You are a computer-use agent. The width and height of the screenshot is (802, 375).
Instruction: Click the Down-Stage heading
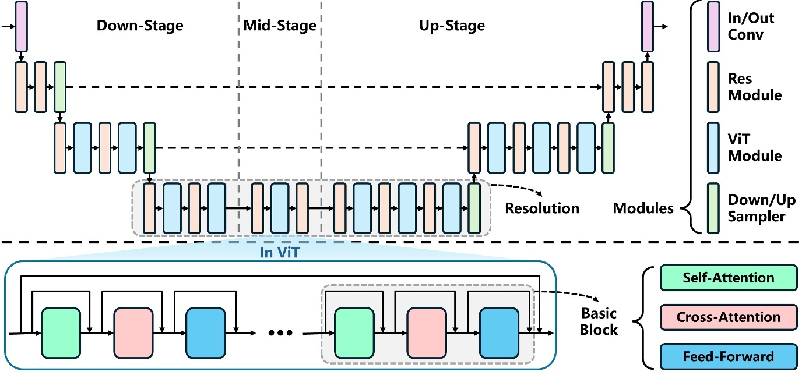pyautogui.click(x=140, y=26)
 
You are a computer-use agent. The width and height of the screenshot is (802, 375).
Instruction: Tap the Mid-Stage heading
pyautogui.click(x=280, y=26)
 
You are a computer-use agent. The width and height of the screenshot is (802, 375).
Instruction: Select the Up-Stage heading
pyautogui.click(x=452, y=26)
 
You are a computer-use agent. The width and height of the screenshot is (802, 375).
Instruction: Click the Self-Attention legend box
pyautogui.click(x=728, y=278)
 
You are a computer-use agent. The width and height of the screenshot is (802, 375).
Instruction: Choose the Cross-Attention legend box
pyautogui.click(x=728, y=317)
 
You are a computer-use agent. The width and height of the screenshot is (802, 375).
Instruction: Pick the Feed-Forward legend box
pyautogui.click(x=728, y=356)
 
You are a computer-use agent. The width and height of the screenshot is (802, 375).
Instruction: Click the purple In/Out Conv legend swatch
pyautogui.click(x=713, y=26)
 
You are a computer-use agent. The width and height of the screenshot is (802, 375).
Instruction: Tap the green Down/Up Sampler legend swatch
pyautogui.click(x=713, y=208)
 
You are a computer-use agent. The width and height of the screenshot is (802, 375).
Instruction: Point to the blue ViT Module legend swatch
pyautogui.click(x=713, y=147)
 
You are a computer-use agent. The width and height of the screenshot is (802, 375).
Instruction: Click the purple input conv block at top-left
pyautogui.click(x=21, y=26)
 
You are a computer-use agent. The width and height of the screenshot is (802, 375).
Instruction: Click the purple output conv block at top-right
pyautogui.click(x=647, y=26)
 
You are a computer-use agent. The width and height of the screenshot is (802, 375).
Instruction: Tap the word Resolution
pyautogui.click(x=542, y=208)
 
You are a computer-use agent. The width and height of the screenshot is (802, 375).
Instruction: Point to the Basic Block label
pyautogui.click(x=599, y=321)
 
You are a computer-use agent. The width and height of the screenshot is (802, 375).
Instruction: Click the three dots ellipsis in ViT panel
pyautogui.click(x=279, y=334)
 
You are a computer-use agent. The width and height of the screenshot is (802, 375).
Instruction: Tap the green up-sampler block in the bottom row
pyautogui.click(x=474, y=208)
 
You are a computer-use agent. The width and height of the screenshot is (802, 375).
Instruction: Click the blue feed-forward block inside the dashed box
pyautogui.click(x=499, y=332)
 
